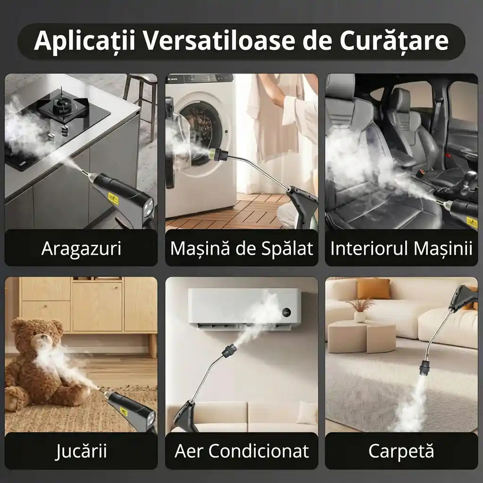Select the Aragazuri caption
(81, 248)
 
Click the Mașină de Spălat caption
(241, 248)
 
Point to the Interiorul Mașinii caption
(401, 248)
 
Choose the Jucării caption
(81, 451)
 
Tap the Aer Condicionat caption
(241, 451)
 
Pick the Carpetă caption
(401, 451)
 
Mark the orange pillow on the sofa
(373, 289)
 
